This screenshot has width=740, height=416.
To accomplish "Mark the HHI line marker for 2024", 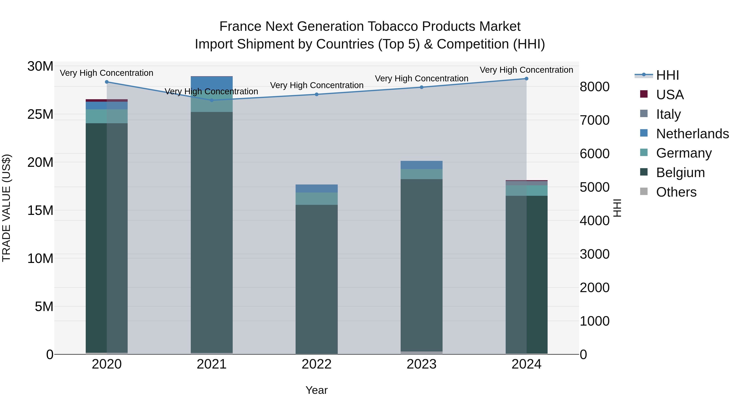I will (x=526, y=79).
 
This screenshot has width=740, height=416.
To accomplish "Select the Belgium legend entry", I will (x=680, y=173).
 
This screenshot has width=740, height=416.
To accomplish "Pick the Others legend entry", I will (x=676, y=192).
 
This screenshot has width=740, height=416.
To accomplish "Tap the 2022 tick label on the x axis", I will (x=317, y=364).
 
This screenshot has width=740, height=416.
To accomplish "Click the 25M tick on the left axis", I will (x=40, y=114).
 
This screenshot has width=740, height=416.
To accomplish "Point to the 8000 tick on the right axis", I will (x=594, y=87).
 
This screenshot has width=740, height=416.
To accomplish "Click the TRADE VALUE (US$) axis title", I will (x=7, y=208).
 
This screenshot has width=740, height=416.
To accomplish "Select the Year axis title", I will (x=317, y=390).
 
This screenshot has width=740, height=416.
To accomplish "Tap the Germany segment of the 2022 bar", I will (x=317, y=199).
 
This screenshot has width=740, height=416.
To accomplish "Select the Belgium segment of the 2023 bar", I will (x=421, y=264).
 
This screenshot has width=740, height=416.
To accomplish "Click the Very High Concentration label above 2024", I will (x=526, y=70).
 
